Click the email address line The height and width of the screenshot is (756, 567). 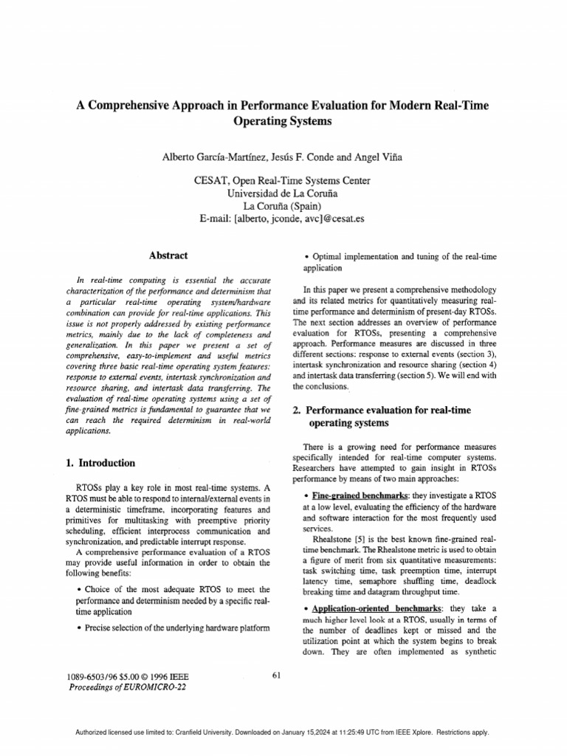tap(283, 219)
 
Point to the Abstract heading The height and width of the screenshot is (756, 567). tap(169, 255)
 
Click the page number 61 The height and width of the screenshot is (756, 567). tap(277, 675)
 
